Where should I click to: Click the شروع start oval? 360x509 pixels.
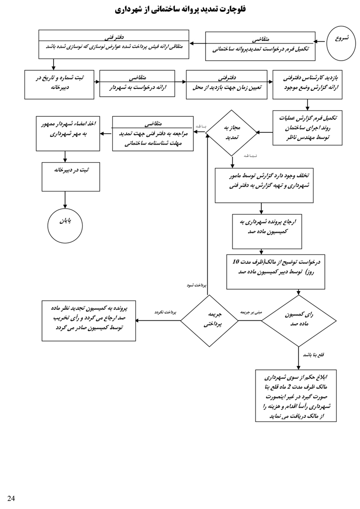(x=341, y=43)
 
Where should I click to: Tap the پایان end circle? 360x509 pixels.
(x=65, y=225)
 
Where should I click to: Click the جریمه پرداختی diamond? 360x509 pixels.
(x=210, y=320)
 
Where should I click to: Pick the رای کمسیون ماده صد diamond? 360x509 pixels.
(x=298, y=320)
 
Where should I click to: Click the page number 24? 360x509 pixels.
(x=11, y=498)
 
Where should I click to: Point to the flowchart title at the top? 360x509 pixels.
(x=180, y=9)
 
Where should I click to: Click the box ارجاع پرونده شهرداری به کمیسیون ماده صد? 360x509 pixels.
(x=267, y=231)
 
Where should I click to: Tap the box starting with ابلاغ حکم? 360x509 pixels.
(x=296, y=396)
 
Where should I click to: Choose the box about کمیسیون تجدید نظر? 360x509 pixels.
(x=89, y=320)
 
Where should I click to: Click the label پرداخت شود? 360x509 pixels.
(x=197, y=285)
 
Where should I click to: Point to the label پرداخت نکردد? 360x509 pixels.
(x=165, y=312)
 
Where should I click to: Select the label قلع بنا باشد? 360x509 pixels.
(x=313, y=355)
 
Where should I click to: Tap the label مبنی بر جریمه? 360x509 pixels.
(x=251, y=312)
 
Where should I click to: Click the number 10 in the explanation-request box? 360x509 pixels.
(x=236, y=261)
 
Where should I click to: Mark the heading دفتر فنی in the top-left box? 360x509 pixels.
(x=114, y=37)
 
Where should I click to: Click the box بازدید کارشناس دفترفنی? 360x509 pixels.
(x=307, y=84)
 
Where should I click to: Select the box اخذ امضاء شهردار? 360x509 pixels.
(x=68, y=133)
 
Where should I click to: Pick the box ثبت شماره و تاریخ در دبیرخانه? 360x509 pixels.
(x=59, y=84)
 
